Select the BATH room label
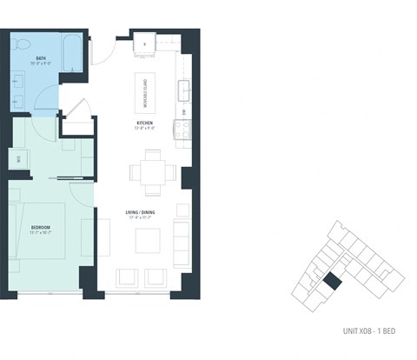pyautogui.click(x=29, y=58)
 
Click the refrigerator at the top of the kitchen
pyautogui.click(x=144, y=39)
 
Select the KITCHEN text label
pyautogui.click(x=144, y=123)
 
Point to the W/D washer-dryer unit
pyautogui.click(x=19, y=158)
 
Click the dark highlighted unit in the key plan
pyautogui.click(x=332, y=283)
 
